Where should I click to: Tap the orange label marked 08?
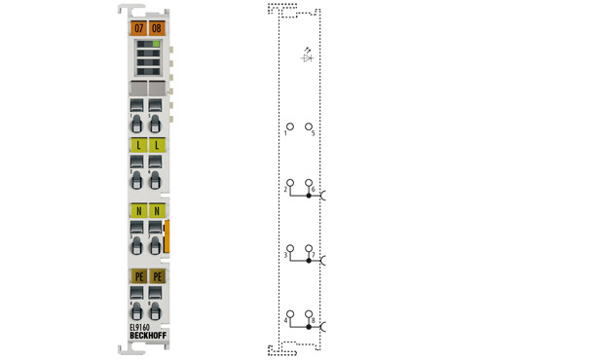point(156,29)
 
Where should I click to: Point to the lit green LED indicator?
point(155,45)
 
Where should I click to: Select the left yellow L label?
point(137,145)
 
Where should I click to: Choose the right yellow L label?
point(156,145)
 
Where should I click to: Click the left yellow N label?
point(137,210)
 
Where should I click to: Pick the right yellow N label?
point(156,210)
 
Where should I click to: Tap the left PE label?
point(137,276)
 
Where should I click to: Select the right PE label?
point(156,276)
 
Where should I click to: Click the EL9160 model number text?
point(140,328)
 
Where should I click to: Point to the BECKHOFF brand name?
point(146,337)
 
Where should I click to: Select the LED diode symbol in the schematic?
point(308,57)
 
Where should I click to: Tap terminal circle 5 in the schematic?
point(309,126)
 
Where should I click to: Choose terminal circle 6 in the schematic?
point(309,183)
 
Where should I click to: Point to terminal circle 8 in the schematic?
point(309,314)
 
